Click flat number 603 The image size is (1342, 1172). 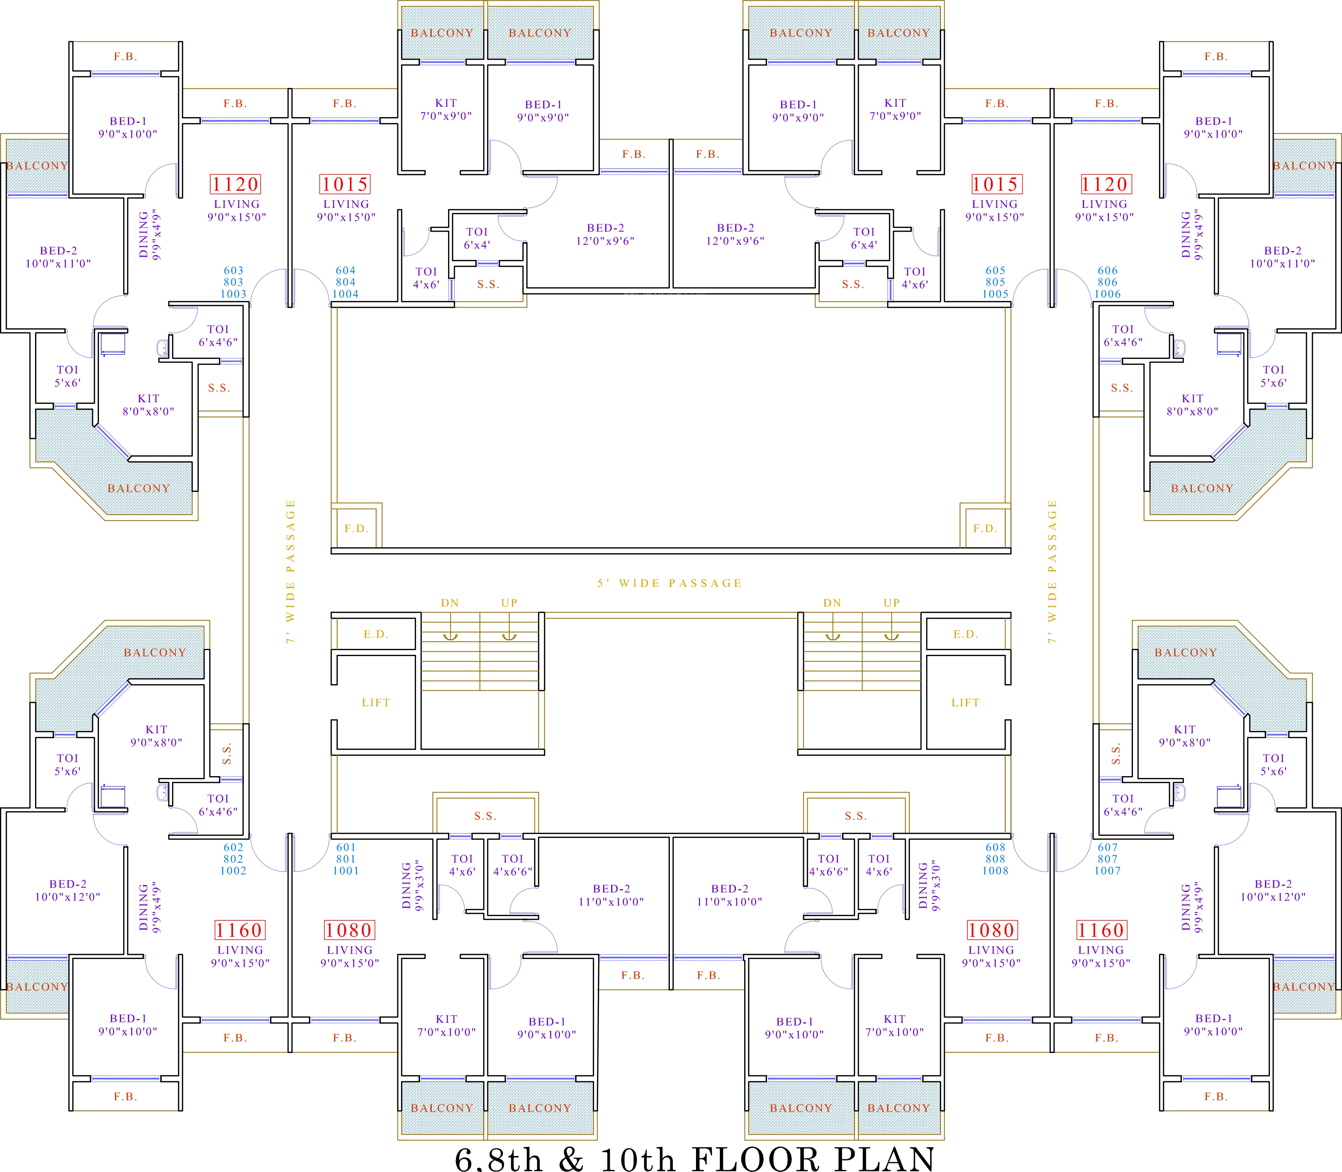click(x=234, y=270)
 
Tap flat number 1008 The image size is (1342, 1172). click(x=995, y=871)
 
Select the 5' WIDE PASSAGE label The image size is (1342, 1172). click(x=670, y=583)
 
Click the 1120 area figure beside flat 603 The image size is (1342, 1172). click(x=236, y=184)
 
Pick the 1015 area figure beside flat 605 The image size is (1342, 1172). click(x=995, y=184)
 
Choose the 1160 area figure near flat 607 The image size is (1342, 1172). click(x=1101, y=930)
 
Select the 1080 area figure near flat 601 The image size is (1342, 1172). click(x=348, y=930)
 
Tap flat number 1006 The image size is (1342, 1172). click(x=1108, y=294)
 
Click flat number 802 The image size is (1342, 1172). click(x=234, y=859)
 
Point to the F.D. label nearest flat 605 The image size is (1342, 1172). click(x=985, y=528)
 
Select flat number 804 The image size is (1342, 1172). click(x=345, y=282)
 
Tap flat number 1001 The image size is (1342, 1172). click(x=345, y=871)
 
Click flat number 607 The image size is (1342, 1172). click(x=1108, y=847)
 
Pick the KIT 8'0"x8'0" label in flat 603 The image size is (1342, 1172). click(x=149, y=405)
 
